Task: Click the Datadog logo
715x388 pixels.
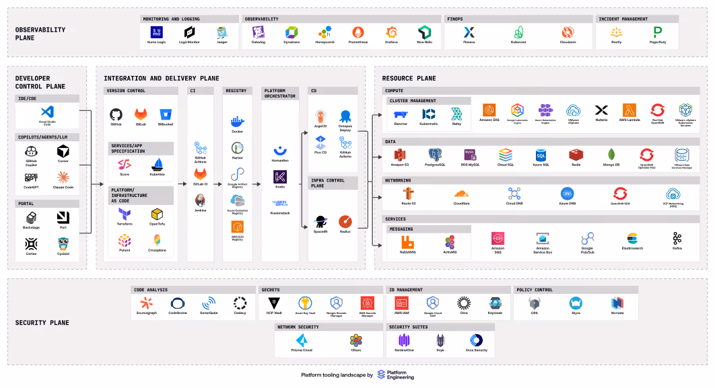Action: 259,32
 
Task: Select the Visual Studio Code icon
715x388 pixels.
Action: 46,112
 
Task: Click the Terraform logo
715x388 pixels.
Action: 125,213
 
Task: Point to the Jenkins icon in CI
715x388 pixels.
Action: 200,200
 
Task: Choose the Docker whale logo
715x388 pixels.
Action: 236,122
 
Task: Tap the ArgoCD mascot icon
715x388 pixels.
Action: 320,116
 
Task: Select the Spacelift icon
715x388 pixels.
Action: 320,221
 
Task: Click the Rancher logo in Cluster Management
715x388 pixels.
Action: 401,115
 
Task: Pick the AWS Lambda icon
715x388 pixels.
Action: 629,110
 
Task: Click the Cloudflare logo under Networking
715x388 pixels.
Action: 461,193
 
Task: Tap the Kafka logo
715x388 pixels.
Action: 677,238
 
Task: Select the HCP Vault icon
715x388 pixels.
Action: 273,303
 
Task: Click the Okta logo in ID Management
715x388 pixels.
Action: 463,303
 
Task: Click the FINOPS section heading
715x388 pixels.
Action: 455,19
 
